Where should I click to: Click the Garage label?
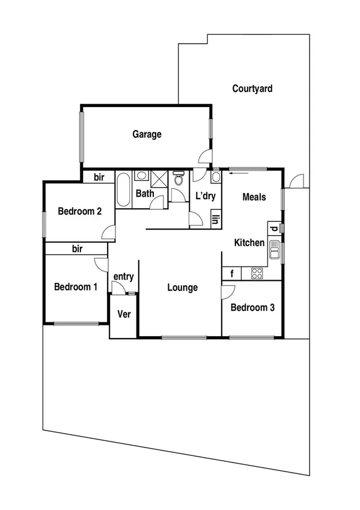point(147,134)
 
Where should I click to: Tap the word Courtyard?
point(252,89)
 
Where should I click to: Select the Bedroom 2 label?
point(79,211)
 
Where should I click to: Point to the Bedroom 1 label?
point(76,287)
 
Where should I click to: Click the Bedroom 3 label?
point(252,307)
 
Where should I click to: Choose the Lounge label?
point(182,288)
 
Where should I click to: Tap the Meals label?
point(254,197)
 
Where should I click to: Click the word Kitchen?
point(249,243)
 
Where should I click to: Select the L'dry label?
point(206,196)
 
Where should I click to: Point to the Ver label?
point(124,315)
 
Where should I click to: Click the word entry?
point(123,276)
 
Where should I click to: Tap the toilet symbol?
point(177,179)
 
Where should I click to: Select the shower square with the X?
point(159,179)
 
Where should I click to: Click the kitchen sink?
point(275,249)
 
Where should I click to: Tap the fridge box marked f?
point(231,274)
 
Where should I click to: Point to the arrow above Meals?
point(237,174)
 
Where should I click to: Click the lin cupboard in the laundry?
point(215,219)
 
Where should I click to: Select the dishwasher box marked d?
point(274,228)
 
